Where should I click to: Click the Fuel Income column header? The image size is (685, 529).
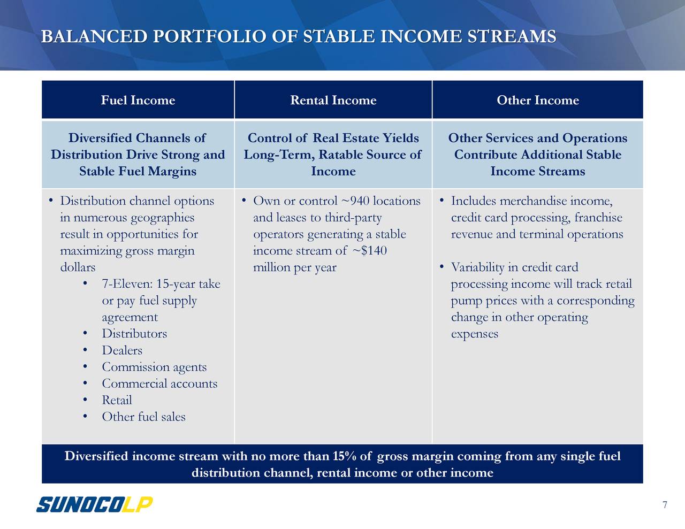pos(138,101)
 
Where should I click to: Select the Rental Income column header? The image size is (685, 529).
pos(333,101)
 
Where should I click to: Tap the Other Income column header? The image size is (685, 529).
pos(537,101)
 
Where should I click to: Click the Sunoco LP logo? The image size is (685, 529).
pos(94,504)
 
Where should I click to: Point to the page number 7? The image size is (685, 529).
pos(665,505)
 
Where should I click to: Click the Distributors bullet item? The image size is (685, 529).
pos(134,334)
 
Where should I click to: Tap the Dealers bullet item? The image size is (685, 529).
pos(122,350)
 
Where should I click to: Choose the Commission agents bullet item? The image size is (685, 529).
pos(154,367)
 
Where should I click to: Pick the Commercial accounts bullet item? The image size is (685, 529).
pos(159,384)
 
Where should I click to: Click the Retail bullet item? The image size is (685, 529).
pos(117,400)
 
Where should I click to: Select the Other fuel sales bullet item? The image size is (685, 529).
pos(143,417)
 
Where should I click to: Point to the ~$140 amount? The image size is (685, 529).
pos(369,251)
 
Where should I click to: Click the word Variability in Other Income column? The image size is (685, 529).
pos(477,267)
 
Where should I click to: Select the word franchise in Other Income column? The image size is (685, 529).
pos(598,218)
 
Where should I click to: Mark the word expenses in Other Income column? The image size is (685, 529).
pos(474,334)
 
